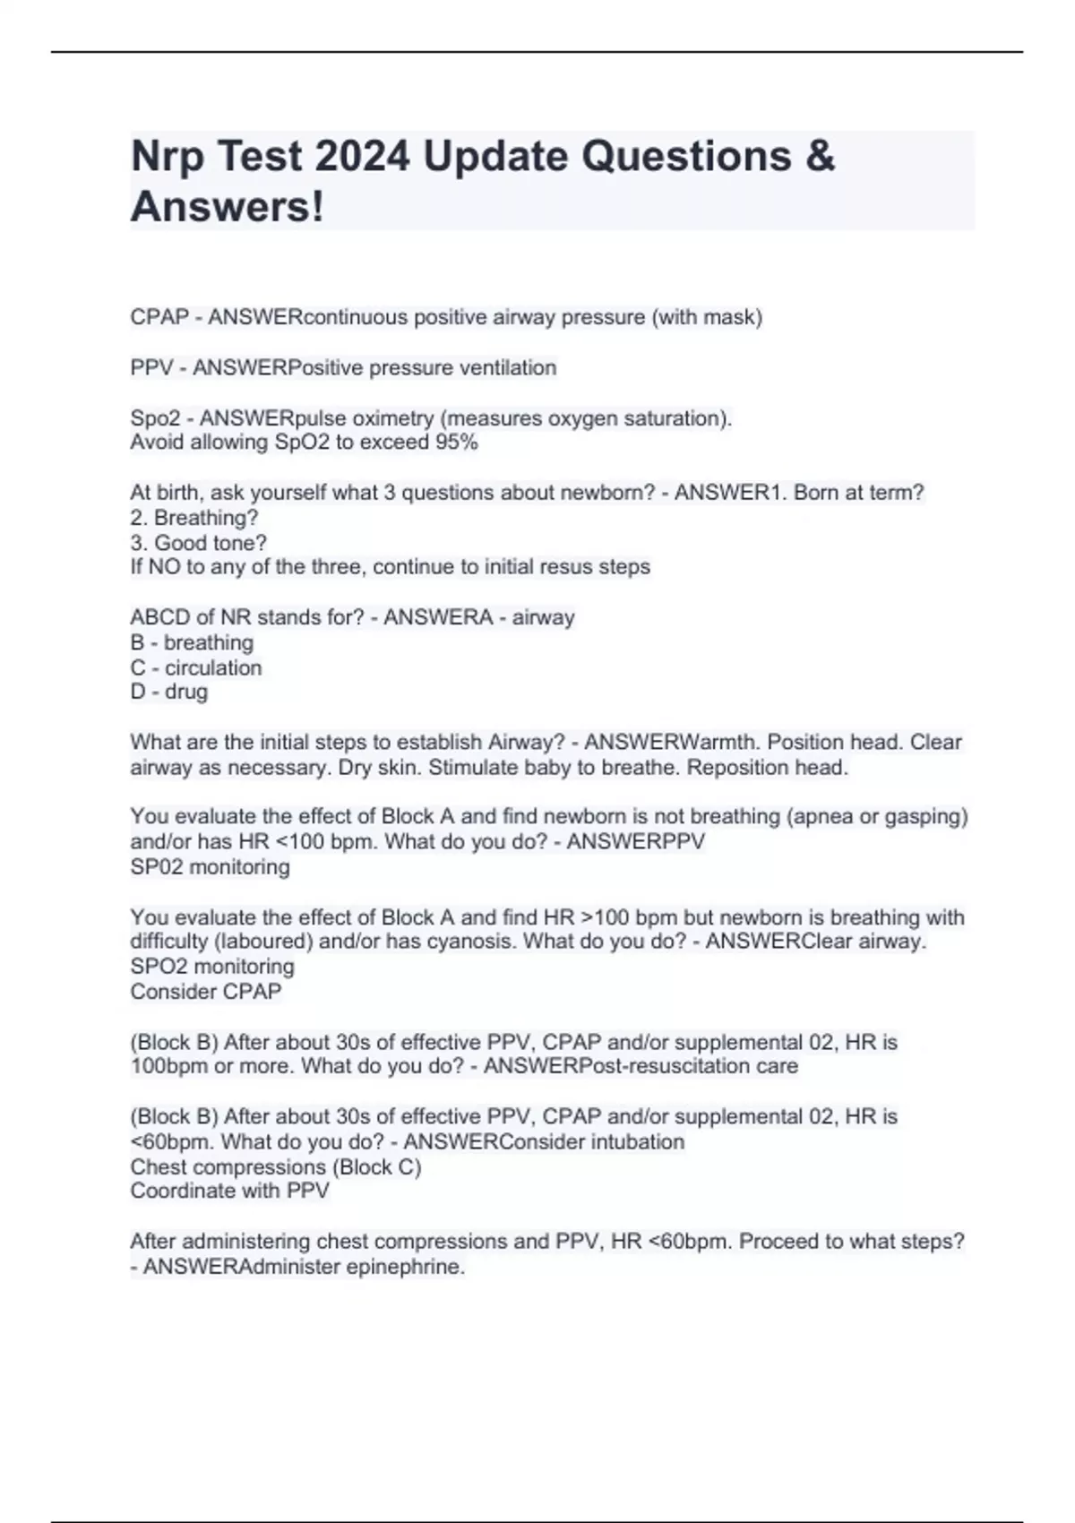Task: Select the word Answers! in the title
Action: pos(228,207)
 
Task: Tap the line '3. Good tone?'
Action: pos(198,543)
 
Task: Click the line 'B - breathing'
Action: pos(192,642)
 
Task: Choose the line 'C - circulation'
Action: pos(196,667)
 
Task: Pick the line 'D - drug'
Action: pos(169,692)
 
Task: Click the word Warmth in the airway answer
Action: pos(719,742)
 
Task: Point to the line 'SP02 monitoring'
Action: pos(210,866)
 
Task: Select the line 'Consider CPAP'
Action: pos(206,991)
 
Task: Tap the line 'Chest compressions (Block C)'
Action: pos(276,1166)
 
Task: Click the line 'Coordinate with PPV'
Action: pos(230,1191)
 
